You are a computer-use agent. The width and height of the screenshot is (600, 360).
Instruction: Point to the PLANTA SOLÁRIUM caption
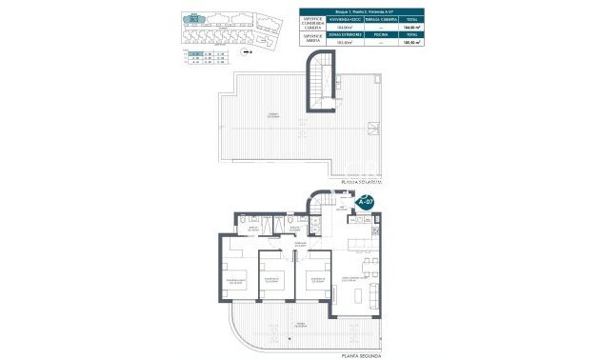point(358,181)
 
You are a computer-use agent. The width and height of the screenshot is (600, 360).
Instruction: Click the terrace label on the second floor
point(303,325)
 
